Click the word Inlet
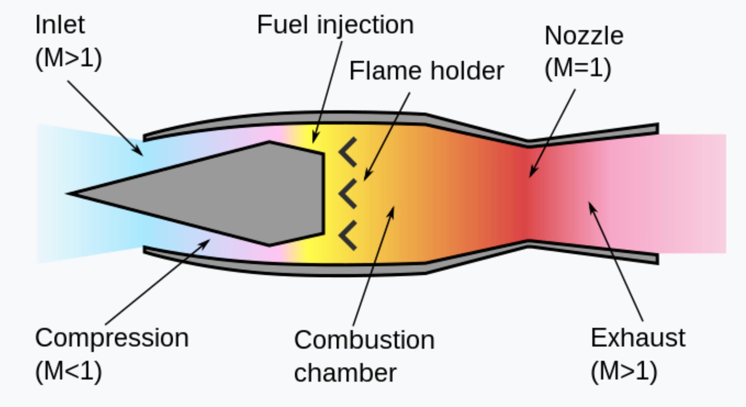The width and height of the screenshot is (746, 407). tap(60, 25)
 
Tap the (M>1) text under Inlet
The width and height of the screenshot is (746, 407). tap(68, 59)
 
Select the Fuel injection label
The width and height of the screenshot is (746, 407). tap(335, 25)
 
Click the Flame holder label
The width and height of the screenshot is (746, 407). tap(426, 71)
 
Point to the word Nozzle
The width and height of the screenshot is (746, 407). tap(584, 36)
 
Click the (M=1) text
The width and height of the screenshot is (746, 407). tap(578, 68)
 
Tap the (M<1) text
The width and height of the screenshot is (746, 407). tap(68, 372)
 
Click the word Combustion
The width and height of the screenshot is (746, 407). tap(364, 340)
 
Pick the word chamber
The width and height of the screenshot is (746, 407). tap(345, 373)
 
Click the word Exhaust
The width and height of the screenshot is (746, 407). tap(638, 338)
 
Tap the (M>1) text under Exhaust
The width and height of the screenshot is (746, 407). tap(624, 372)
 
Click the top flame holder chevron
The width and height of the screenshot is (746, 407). tap(347, 152)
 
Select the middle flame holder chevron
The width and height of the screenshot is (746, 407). tap(347, 194)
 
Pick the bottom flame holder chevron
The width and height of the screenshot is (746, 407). tap(347, 235)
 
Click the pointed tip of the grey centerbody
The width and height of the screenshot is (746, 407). tap(68, 193)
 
